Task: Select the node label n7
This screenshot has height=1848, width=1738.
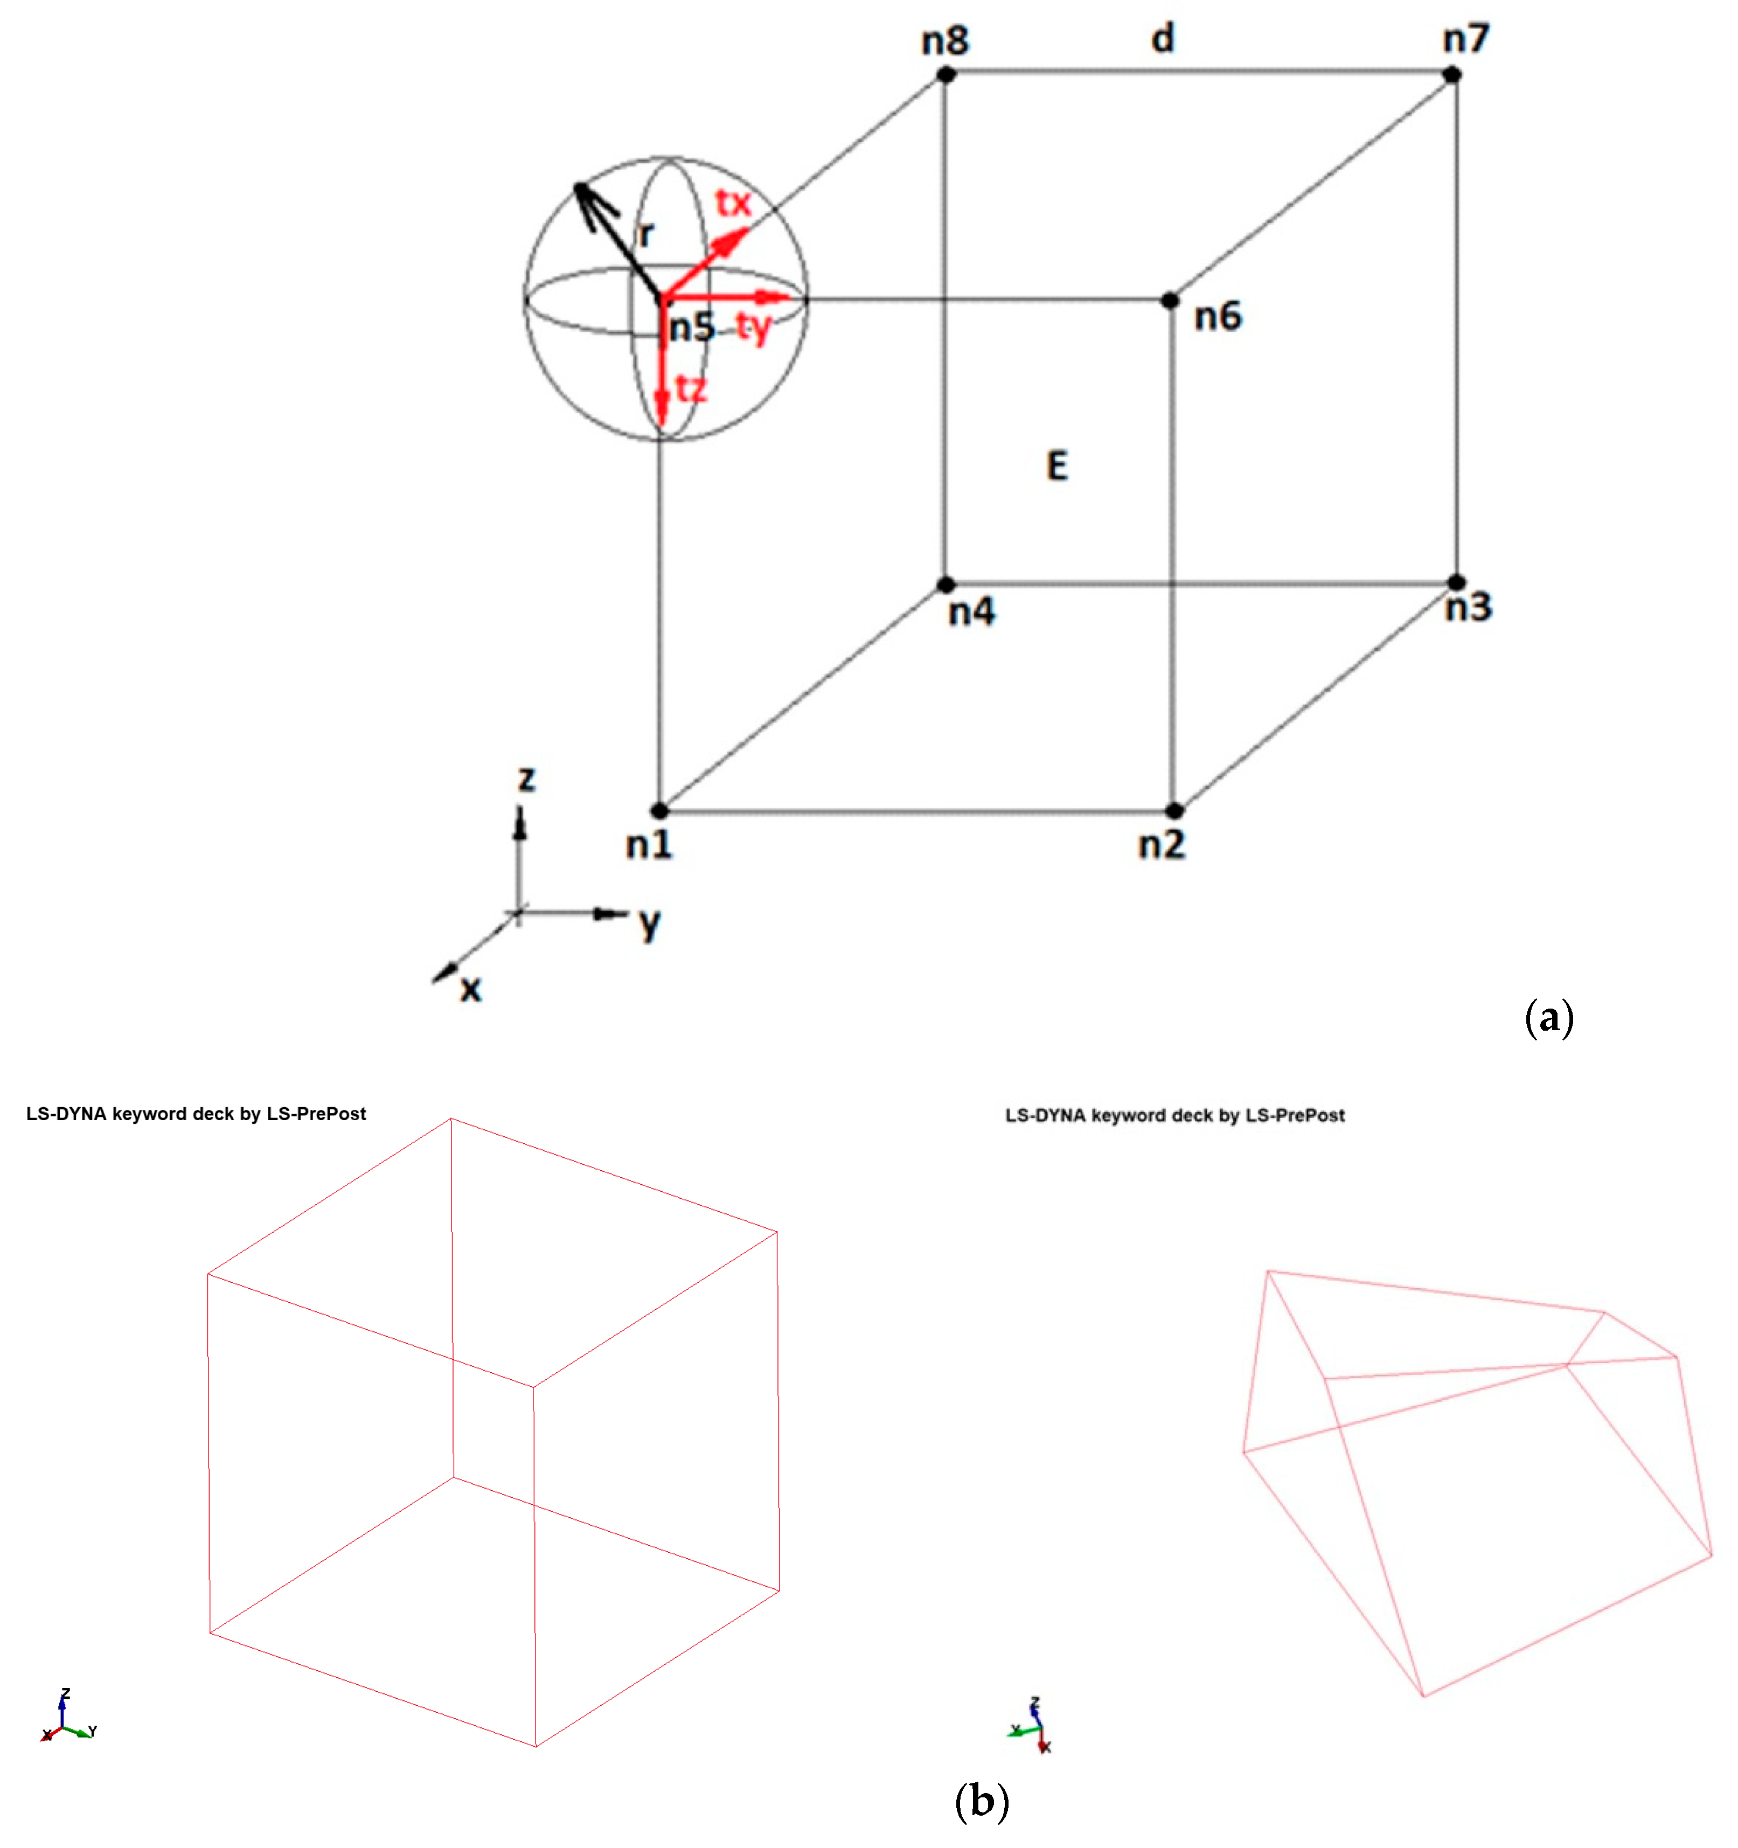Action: [1466, 39]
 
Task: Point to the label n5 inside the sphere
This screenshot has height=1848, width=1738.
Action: [691, 327]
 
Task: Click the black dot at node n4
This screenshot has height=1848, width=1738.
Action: [945, 585]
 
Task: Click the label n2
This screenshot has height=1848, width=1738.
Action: [1161, 845]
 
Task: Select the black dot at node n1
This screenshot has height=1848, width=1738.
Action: [659, 811]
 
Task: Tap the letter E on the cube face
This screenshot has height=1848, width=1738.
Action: [1056, 466]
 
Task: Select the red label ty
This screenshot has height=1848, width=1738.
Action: [754, 327]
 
